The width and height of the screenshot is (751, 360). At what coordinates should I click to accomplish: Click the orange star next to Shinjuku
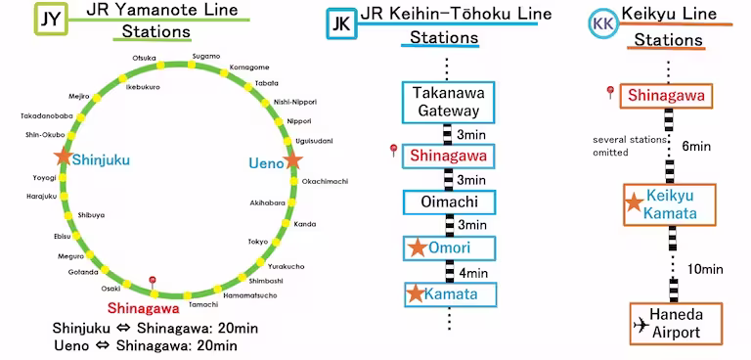point(64,157)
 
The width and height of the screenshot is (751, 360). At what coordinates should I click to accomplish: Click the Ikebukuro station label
point(143,87)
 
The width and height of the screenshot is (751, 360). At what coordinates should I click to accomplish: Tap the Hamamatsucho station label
point(250,294)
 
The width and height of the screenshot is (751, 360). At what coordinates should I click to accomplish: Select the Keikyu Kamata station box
point(670,204)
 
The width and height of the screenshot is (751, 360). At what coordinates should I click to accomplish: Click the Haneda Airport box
point(676,325)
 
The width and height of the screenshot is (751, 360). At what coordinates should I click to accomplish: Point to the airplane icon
point(642,324)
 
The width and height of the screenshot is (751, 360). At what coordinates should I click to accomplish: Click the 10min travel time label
point(704,269)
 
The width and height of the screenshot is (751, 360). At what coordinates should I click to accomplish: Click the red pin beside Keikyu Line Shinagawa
point(610,93)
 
